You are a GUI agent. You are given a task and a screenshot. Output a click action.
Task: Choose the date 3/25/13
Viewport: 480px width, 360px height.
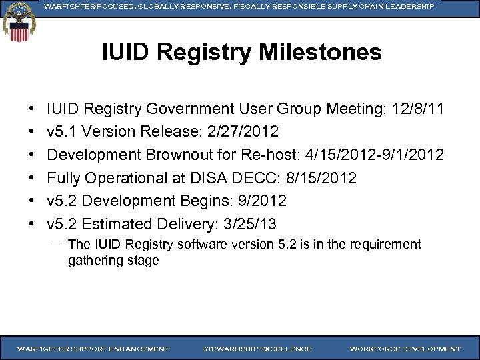[x=253, y=224]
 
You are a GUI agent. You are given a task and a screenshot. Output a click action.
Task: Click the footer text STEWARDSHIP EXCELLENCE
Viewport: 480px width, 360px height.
[x=256, y=349]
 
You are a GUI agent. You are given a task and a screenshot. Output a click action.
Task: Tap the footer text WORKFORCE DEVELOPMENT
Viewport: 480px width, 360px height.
[x=405, y=349]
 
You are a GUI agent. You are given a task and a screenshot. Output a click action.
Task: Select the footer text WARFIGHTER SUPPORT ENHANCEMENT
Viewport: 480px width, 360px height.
[x=93, y=349]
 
